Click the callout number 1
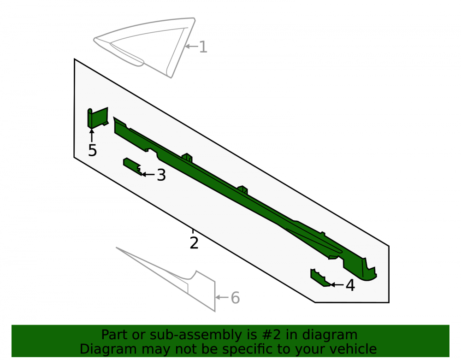[x=203, y=47]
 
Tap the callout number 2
[x=194, y=243]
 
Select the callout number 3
[x=161, y=175]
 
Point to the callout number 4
[x=350, y=285]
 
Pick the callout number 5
[x=92, y=150]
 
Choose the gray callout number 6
[x=235, y=298]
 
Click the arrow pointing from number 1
[x=191, y=47]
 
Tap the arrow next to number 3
[x=148, y=175]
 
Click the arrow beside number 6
[x=222, y=297]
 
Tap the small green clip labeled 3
[x=132, y=166]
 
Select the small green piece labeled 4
[x=320, y=277]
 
